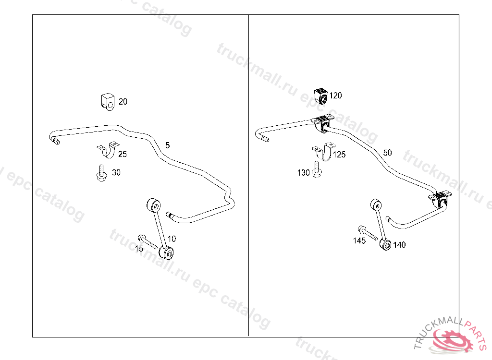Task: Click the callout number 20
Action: [x=123, y=102]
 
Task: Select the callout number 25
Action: [x=123, y=154]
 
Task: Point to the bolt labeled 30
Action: [x=101, y=173]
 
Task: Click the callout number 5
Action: [x=167, y=144]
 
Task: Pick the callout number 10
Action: [x=172, y=239]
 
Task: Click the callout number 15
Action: [x=139, y=249]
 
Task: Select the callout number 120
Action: [x=335, y=96]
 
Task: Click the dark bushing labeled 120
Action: [x=320, y=96]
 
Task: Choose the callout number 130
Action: [x=303, y=173]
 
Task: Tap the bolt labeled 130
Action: [x=316, y=169]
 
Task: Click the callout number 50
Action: [x=387, y=153]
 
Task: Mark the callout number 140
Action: [x=399, y=245]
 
